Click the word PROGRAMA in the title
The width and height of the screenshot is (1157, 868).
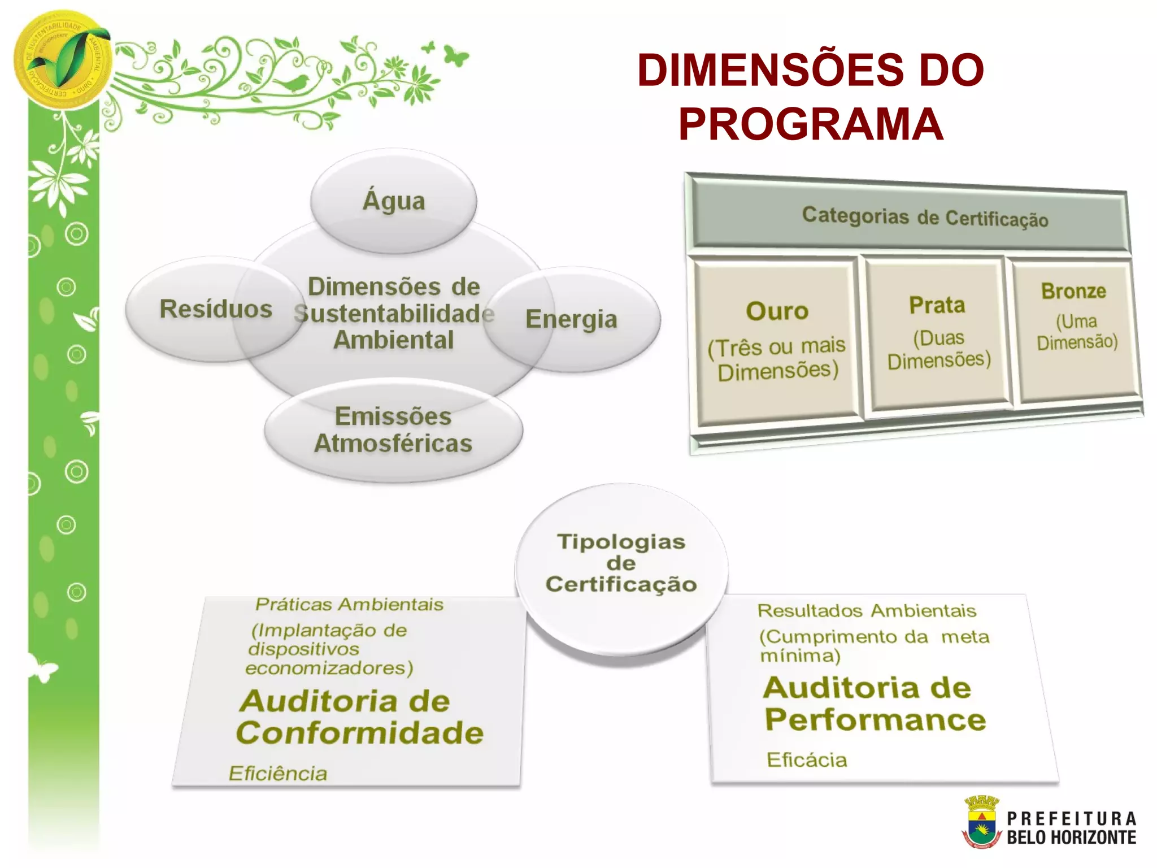(x=811, y=124)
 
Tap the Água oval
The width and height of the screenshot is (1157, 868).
(x=394, y=201)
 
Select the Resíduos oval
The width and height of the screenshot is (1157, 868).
(x=215, y=309)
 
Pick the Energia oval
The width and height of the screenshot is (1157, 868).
(x=571, y=319)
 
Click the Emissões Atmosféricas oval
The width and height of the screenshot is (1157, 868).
(x=393, y=430)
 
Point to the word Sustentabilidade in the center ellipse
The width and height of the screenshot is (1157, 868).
(x=394, y=314)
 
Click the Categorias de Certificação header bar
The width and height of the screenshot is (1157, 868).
(x=924, y=218)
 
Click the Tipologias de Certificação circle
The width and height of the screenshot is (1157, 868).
(x=621, y=563)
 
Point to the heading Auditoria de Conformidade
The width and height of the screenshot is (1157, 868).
(x=360, y=717)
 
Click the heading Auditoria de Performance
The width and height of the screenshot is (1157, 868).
(x=875, y=704)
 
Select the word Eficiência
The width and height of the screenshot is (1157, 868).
(x=278, y=773)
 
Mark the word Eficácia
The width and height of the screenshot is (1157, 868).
(x=807, y=760)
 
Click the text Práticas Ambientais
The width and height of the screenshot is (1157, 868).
(x=349, y=605)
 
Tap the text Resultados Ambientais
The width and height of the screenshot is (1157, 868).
(x=867, y=611)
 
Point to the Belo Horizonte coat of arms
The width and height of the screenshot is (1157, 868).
(x=982, y=822)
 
